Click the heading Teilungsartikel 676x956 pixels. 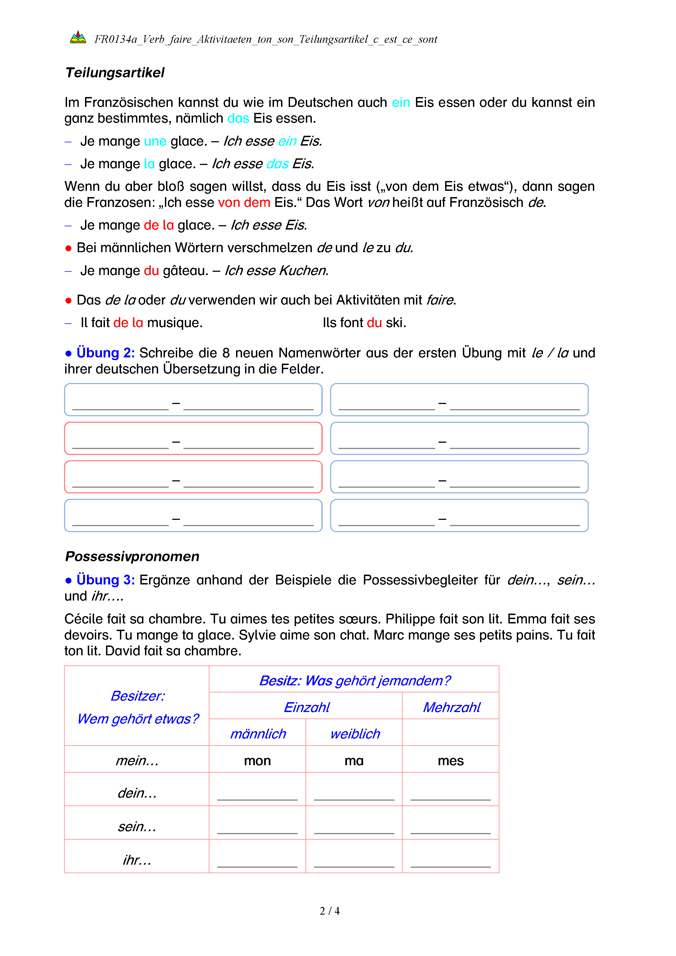tap(115, 73)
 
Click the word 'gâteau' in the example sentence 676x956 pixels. tap(185, 271)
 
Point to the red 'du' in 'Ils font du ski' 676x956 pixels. tap(374, 323)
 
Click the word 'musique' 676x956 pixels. tap(174, 323)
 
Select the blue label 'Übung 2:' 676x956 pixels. tap(105, 353)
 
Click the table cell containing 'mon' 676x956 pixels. tap(257, 761)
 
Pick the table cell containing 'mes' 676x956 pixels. tap(450, 761)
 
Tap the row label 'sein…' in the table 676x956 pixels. tap(137, 827)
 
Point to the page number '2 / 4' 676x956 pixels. tap(329, 911)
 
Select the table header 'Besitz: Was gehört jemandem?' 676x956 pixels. tap(354, 680)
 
